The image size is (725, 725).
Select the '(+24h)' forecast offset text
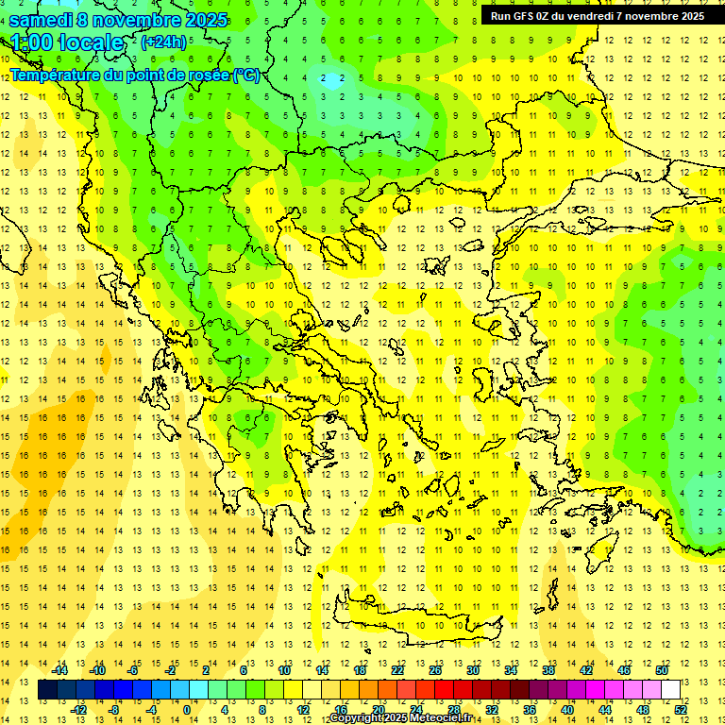(163, 42)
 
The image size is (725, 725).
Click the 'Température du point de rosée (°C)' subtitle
(135, 75)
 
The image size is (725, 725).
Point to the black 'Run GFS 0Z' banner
(597, 15)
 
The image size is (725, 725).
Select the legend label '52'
(682, 709)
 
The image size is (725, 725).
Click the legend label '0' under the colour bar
(187, 709)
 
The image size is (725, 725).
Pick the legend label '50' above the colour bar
(661, 670)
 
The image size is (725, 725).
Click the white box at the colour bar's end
(671, 690)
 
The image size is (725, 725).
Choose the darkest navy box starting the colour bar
(47, 690)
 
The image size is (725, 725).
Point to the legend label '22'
(397, 670)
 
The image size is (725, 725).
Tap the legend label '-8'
(113, 709)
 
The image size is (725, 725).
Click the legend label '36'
(530, 709)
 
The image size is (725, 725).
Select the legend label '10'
(284, 670)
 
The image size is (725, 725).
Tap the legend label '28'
(454, 709)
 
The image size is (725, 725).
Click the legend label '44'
(605, 709)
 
